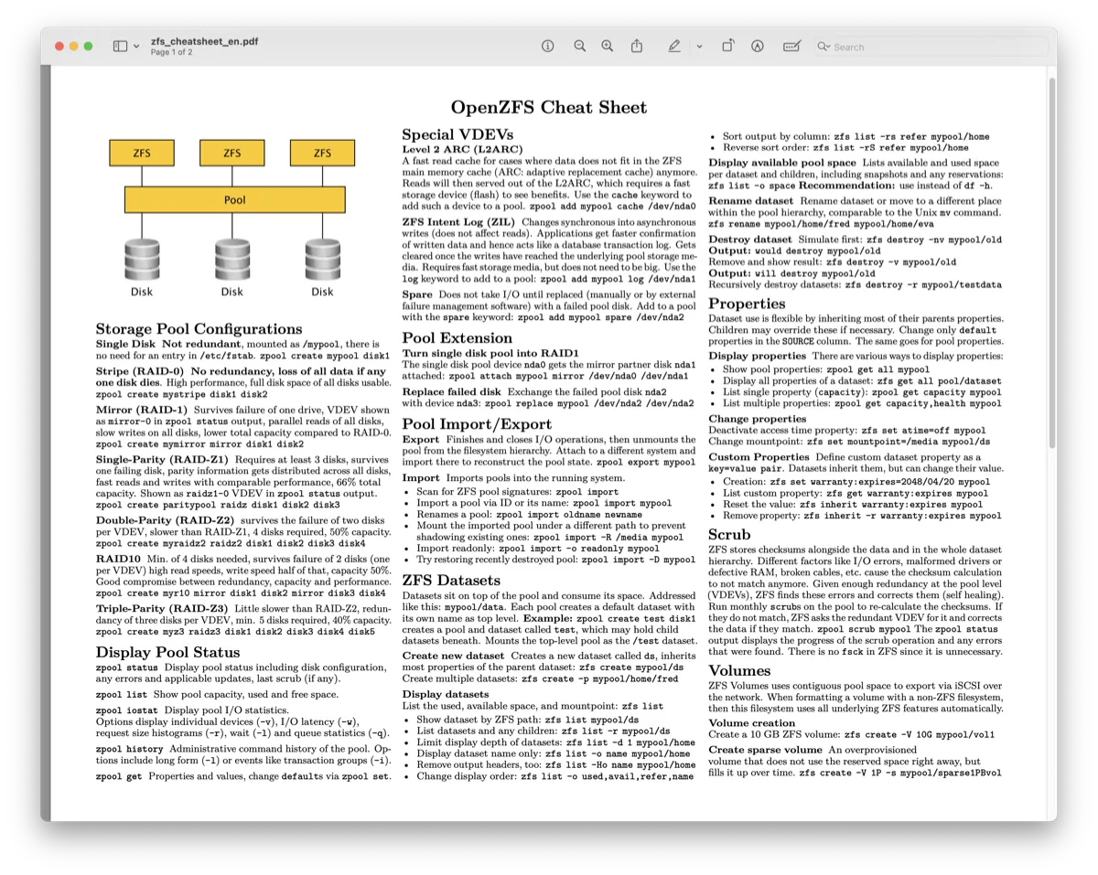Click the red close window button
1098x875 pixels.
click(59, 46)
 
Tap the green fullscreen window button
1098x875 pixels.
click(88, 46)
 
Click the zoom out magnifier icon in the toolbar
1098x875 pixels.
click(579, 46)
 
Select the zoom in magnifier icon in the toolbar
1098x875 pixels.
click(608, 46)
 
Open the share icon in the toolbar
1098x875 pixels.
click(637, 46)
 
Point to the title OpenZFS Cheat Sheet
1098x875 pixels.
click(548, 108)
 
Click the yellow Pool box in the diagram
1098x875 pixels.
click(234, 199)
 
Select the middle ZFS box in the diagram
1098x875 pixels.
click(232, 153)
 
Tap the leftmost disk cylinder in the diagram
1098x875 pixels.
click(142, 260)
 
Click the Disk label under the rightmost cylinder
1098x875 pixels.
click(322, 292)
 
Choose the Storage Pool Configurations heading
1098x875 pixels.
click(199, 329)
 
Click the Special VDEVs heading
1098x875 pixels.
click(457, 134)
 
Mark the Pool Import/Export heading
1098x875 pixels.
click(477, 424)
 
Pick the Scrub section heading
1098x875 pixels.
click(729, 535)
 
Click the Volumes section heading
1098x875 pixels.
click(739, 670)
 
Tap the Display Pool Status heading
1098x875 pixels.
click(167, 652)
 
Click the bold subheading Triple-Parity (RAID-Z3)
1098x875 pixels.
click(163, 608)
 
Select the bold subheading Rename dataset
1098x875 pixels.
click(751, 201)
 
